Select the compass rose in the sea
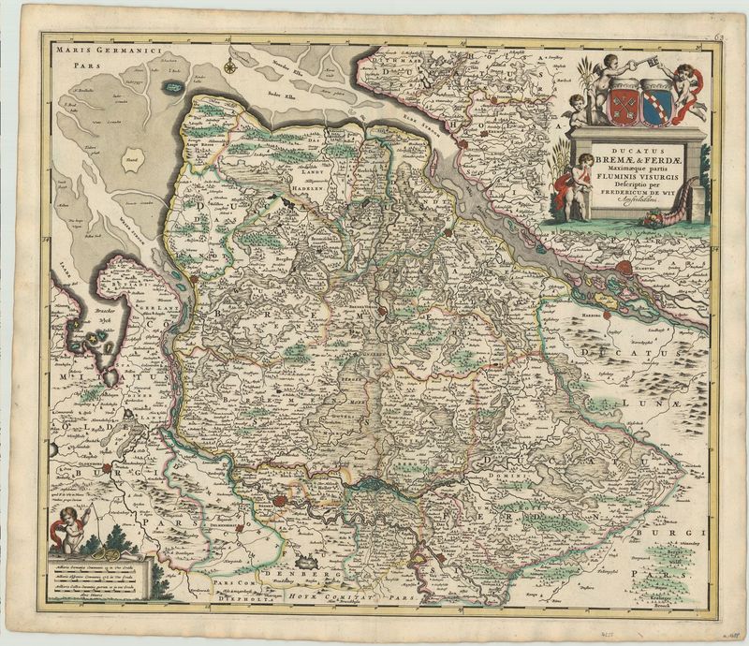point(229,66)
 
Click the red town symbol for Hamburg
point(626,271)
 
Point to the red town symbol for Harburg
point(608,314)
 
